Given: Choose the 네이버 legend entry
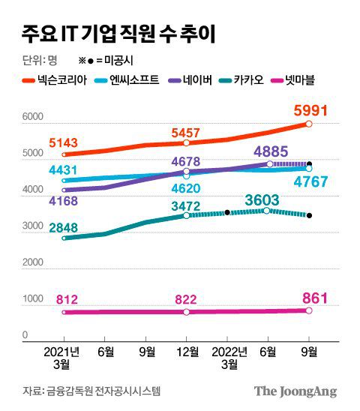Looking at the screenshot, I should coord(199,79).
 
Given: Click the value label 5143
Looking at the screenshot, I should coord(63,142).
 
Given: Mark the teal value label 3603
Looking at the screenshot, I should coord(262,199).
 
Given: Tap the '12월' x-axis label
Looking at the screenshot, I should coord(186,351).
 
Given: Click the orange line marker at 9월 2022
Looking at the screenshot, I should coord(309,124).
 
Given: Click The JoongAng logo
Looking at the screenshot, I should coord(295,391).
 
